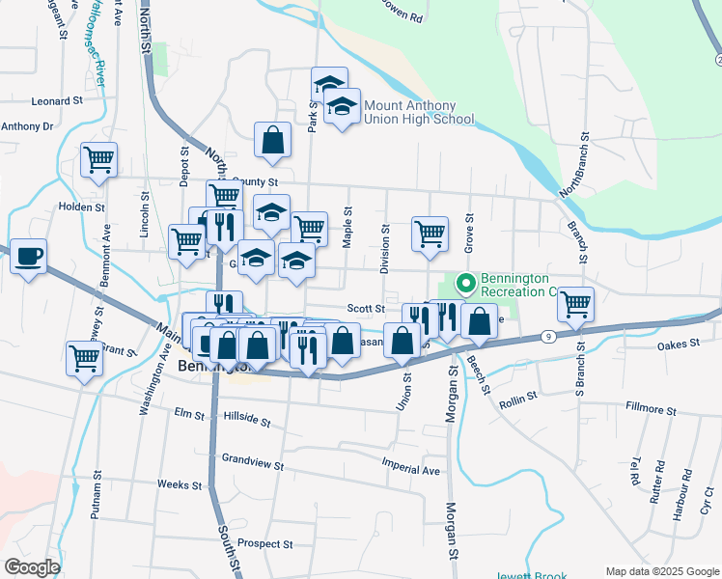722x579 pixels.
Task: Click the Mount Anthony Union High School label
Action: coord(418,113)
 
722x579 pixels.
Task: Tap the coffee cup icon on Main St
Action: coord(29,257)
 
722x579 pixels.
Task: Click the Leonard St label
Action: coord(58,100)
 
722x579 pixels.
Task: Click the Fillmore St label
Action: coord(652,408)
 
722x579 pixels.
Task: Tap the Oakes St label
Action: coord(678,345)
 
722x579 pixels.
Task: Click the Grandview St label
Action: coord(252,464)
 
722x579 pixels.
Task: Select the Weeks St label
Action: coord(180,484)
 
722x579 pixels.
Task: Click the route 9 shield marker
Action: coord(547,336)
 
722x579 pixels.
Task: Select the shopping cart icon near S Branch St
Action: coord(576,303)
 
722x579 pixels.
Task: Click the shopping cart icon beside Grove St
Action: coord(430,233)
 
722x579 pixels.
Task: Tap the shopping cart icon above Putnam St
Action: coord(84,358)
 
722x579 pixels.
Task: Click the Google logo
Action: coord(32,567)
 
